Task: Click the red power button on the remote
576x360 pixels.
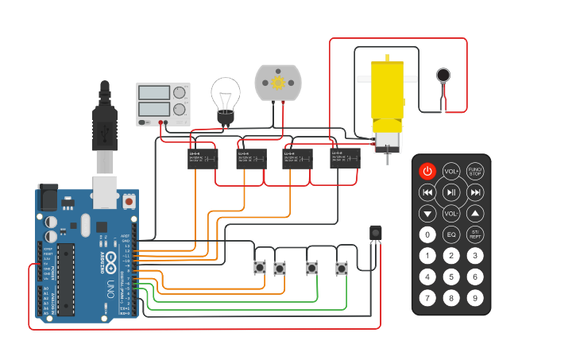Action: (x=427, y=171)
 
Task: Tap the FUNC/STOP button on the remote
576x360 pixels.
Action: (x=475, y=171)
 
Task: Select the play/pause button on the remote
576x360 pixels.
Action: (x=451, y=192)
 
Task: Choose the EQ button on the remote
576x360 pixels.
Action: (x=451, y=234)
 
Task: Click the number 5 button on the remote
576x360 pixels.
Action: (x=451, y=277)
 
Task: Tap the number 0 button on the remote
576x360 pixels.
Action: (x=427, y=234)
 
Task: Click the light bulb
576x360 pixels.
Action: (x=225, y=99)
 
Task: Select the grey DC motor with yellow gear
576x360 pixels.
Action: (x=278, y=83)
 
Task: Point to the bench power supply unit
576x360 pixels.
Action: (x=164, y=104)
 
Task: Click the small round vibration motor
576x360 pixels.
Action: (x=443, y=76)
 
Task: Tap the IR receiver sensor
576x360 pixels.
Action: (x=376, y=232)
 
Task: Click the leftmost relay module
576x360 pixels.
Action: (x=203, y=159)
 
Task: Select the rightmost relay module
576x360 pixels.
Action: (x=345, y=157)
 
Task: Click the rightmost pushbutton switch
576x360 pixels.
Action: (x=342, y=269)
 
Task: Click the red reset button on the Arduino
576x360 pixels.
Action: (x=129, y=203)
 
